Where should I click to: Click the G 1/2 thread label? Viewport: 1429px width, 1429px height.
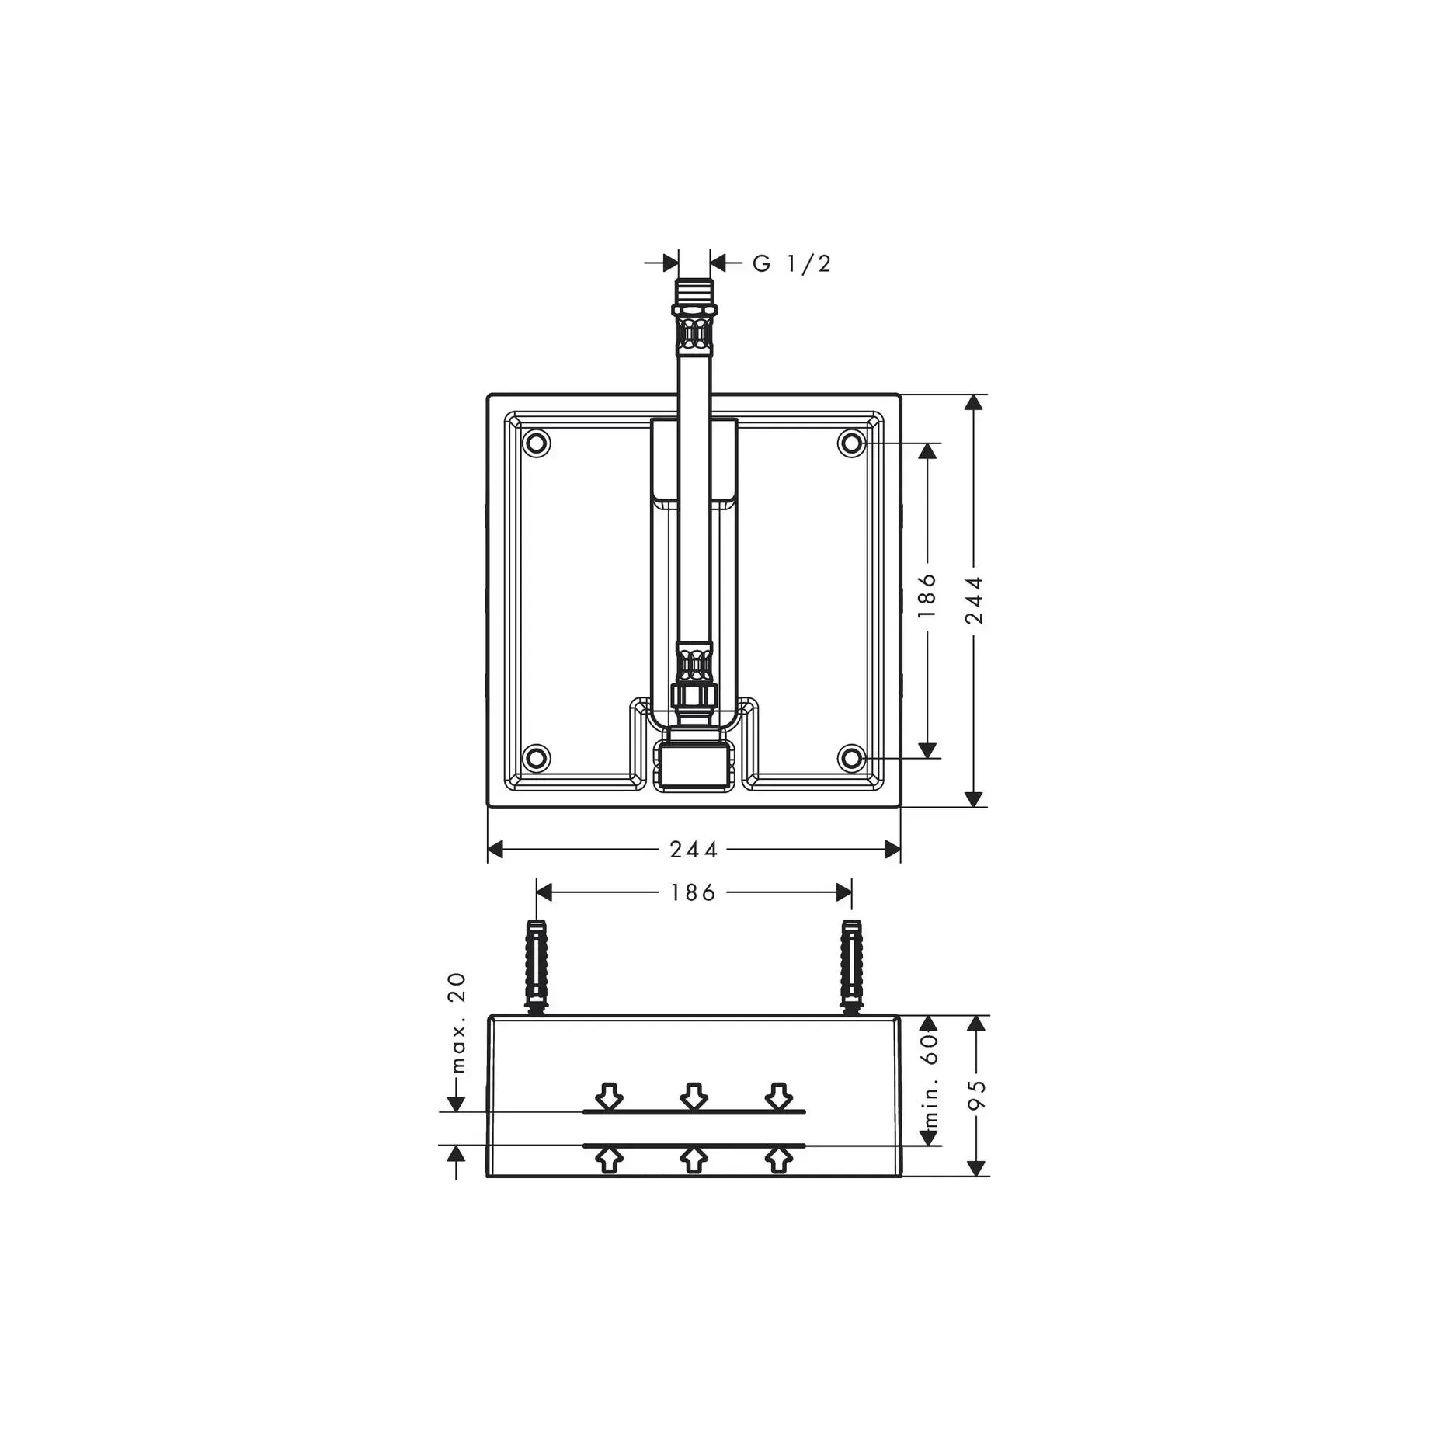(x=791, y=264)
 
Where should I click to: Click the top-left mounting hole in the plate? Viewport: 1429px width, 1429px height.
(x=536, y=443)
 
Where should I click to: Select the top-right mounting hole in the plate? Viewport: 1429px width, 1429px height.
(x=852, y=443)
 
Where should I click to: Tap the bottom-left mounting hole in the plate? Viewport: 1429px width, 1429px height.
(x=536, y=758)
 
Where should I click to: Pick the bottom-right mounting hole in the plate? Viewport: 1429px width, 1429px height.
(x=852, y=758)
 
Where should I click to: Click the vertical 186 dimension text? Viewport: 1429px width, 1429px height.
(x=927, y=596)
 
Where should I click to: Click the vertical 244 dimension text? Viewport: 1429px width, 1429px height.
(x=974, y=600)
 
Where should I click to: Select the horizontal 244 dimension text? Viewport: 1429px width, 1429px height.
(x=694, y=850)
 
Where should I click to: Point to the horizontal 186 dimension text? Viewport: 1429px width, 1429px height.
(x=694, y=893)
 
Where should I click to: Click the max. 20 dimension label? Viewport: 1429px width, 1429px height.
(x=457, y=1022)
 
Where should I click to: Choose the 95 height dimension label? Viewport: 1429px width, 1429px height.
(x=977, y=1095)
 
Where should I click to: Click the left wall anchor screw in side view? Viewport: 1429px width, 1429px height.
(x=536, y=965)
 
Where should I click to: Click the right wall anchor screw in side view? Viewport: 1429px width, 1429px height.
(x=852, y=965)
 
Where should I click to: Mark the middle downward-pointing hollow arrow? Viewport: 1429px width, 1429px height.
(x=694, y=1096)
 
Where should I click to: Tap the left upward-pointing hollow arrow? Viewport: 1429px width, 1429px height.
(x=609, y=1160)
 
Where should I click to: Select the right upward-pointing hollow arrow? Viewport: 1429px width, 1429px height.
(x=778, y=1160)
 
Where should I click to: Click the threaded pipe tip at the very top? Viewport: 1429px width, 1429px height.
(x=694, y=290)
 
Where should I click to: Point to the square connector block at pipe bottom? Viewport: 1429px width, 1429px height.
(x=694, y=764)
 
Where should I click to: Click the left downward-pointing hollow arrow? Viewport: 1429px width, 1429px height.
(x=609, y=1096)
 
